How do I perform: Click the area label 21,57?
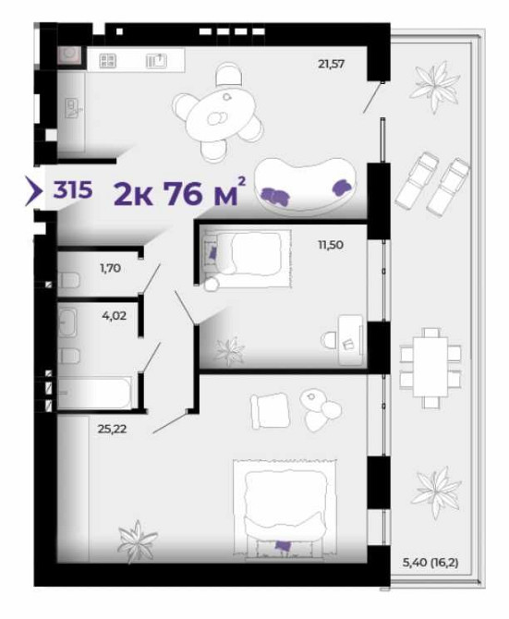point(331,64)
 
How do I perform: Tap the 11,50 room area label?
point(331,245)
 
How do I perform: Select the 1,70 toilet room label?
point(110,269)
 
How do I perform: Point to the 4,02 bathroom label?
point(114,316)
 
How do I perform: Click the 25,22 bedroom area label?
point(112,429)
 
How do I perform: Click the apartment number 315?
point(73,190)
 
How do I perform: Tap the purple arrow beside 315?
point(34,191)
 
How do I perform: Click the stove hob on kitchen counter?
point(107,61)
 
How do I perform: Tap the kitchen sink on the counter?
point(157,61)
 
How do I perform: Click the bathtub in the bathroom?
point(95,393)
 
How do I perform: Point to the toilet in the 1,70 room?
point(69,280)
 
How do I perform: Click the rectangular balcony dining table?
point(430,367)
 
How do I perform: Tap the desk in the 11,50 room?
point(350,340)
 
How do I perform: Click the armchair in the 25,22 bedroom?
point(271,410)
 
